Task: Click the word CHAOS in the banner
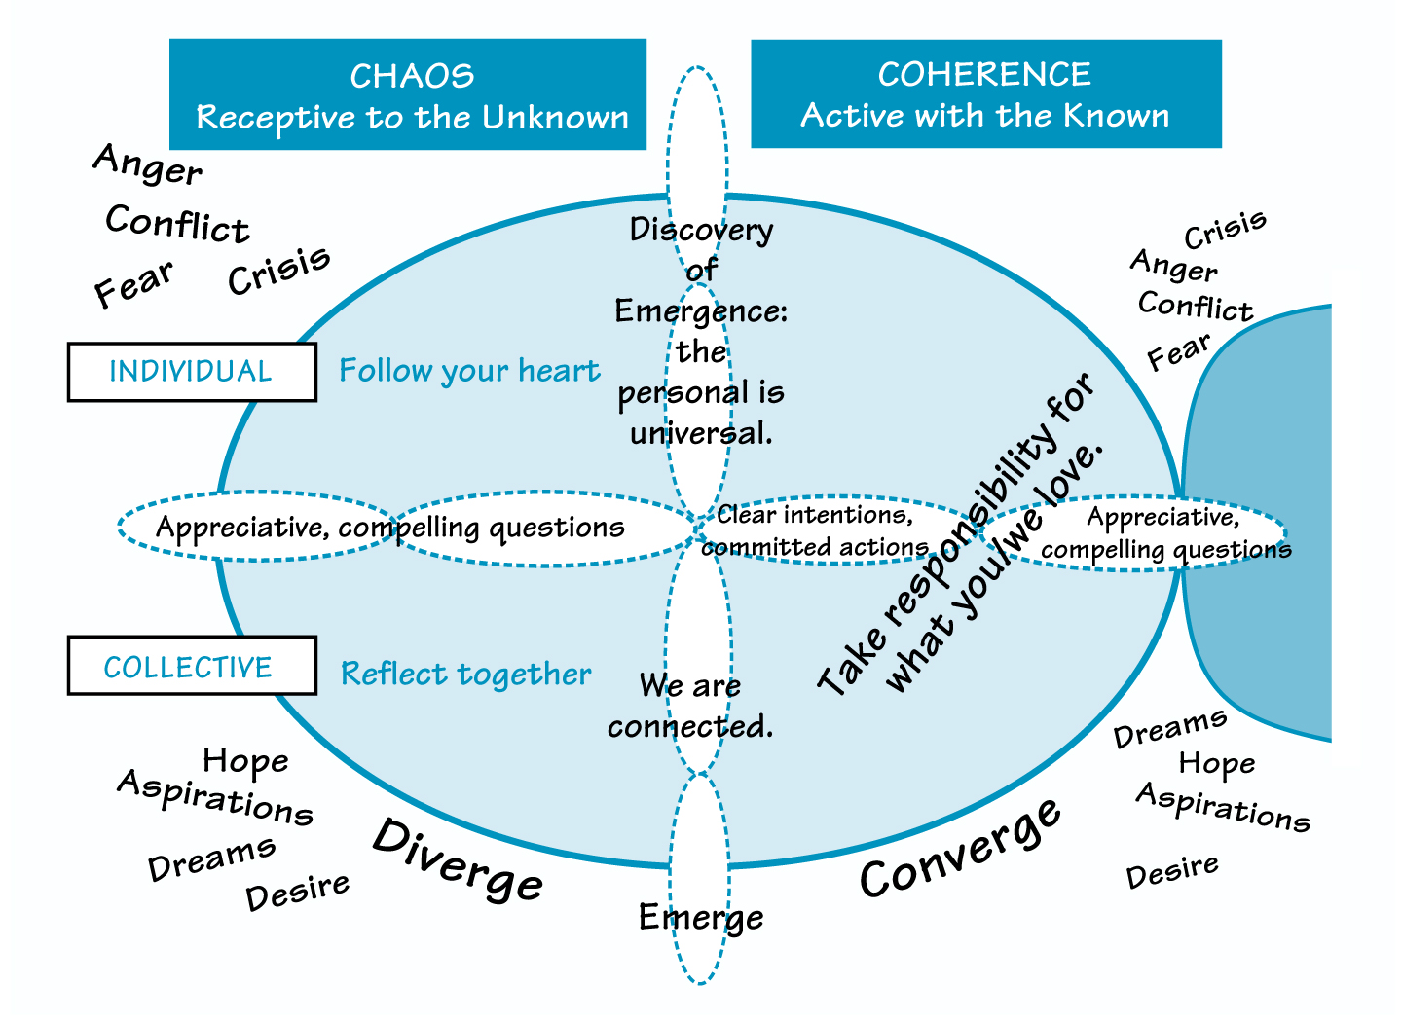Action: coord(412,76)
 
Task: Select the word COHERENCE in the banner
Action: coord(984,74)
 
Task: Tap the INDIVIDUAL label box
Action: coord(191,372)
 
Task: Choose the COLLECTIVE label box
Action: coord(191,667)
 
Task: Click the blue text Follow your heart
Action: coord(469,371)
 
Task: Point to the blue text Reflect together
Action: coord(465,674)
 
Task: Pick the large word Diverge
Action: coord(458,860)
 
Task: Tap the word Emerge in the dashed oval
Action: coord(701,917)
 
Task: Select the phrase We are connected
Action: coord(690,706)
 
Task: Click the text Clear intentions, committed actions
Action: coord(816,531)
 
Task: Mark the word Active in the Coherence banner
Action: coord(844,115)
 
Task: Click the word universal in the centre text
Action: coord(701,433)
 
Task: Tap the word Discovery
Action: coord(701,230)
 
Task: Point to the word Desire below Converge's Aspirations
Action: coord(1172,871)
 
